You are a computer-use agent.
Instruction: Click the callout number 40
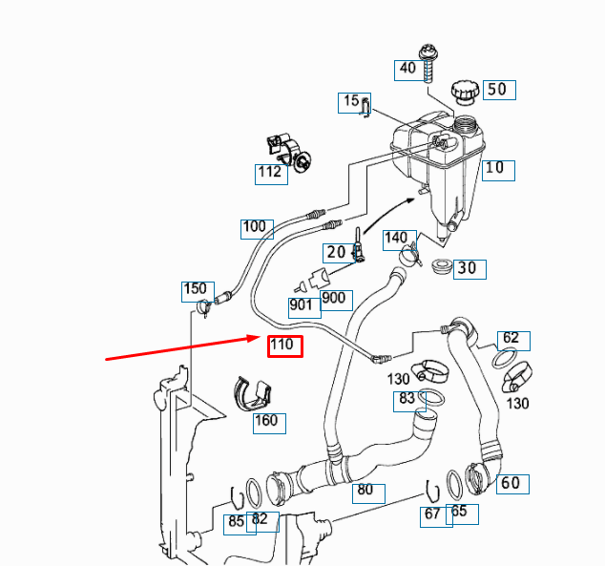[x=407, y=69]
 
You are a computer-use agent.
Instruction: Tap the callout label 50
[x=498, y=90]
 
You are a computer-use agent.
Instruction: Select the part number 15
[x=351, y=101]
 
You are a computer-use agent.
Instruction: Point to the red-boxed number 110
[x=284, y=346]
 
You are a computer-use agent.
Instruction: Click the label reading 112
[x=270, y=173]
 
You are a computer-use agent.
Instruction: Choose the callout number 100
[x=255, y=228]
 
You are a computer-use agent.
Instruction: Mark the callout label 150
[x=195, y=289]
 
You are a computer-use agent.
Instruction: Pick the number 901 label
[x=302, y=305]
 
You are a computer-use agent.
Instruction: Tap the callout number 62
[x=511, y=340]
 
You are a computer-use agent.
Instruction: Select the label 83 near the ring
[x=407, y=399]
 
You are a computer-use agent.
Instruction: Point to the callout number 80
[x=365, y=493]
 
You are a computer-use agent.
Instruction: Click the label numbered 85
[x=236, y=523]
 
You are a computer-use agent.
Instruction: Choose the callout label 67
[x=433, y=515]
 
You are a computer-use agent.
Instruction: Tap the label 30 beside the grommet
[x=467, y=269]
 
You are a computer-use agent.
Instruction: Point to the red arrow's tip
[x=256, y=336]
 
